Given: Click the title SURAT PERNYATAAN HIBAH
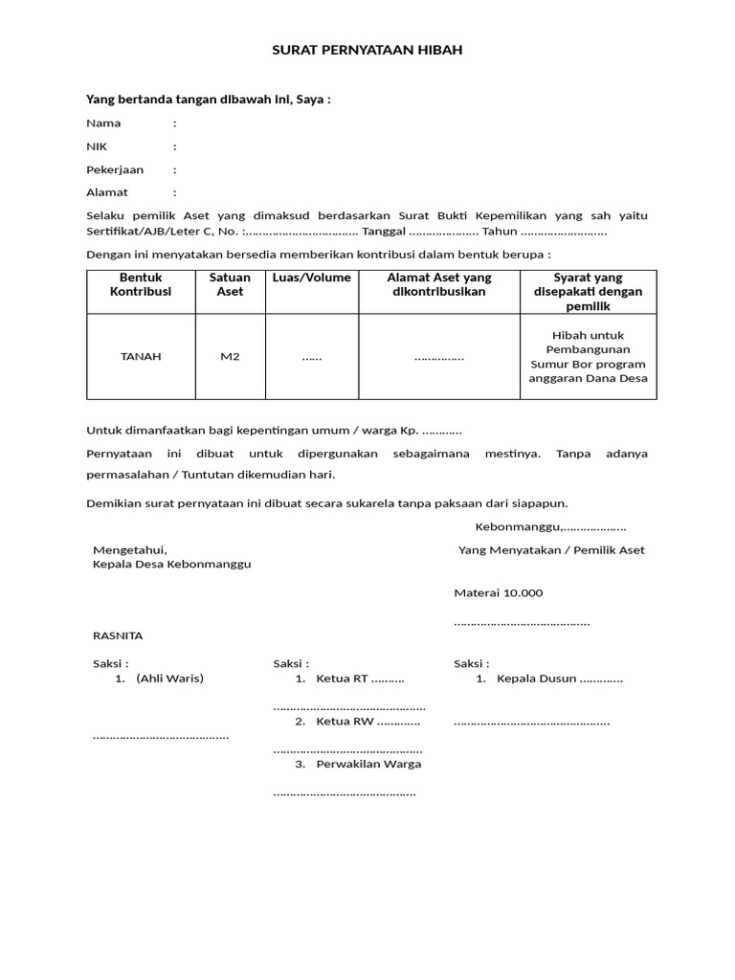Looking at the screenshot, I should click(367, 50).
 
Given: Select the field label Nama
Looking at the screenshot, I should click(103, 123).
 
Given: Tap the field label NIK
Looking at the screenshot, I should click(97, 146).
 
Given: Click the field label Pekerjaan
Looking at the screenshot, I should click(115, 169).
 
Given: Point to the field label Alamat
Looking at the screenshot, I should click(107, 192).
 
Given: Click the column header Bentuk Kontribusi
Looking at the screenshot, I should click(141, 284).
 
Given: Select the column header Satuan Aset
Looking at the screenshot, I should click(230, 284).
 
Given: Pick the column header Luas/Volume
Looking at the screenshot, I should click(312, 278).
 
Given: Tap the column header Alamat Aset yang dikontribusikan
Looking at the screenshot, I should click(438, 284).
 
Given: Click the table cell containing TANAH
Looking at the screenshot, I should click(141, 357).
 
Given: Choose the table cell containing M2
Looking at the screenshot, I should click(230, 357).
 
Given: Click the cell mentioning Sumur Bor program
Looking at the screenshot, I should click(589, 357).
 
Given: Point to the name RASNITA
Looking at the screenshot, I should click(118, 635).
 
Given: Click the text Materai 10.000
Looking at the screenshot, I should click(498, 593).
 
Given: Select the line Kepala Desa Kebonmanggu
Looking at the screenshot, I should click(171, 565).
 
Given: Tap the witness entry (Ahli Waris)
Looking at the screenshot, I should click(169, 679).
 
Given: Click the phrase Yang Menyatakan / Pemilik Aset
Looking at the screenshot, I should click(551, 550).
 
